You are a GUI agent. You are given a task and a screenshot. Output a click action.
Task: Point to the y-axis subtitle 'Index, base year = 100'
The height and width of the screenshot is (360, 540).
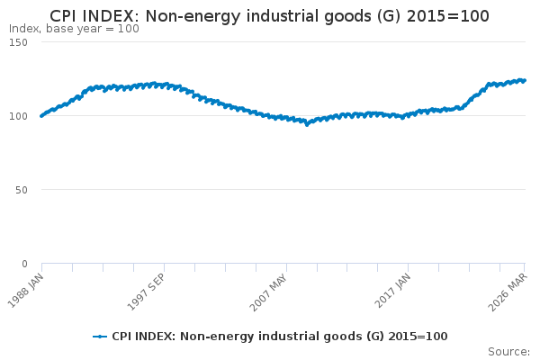(74, 29)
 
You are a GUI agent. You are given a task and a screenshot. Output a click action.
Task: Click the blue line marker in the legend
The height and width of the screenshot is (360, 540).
(100, 337)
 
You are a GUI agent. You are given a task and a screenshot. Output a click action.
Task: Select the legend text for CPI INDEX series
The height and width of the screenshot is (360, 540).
(279, 337)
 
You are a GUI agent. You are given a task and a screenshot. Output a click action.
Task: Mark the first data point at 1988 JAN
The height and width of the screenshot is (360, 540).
(41, 115)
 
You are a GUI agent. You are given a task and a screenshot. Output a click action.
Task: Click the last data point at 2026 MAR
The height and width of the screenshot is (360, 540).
(525, 80)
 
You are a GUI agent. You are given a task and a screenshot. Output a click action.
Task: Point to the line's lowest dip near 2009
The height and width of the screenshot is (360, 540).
(307, 124)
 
